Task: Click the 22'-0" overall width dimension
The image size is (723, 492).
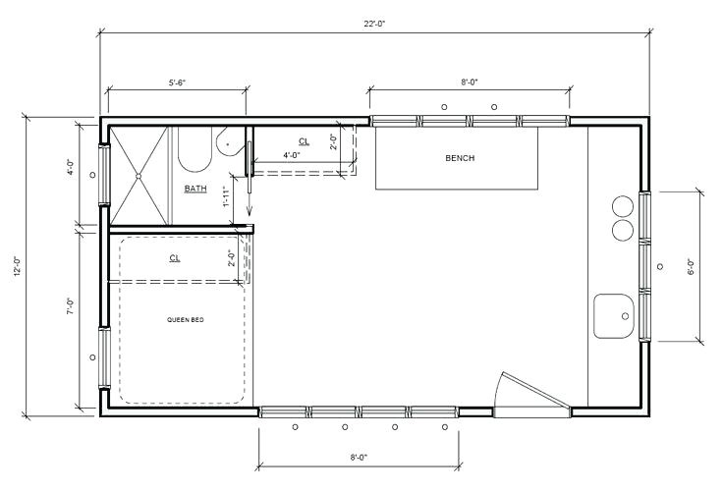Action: point(372,26)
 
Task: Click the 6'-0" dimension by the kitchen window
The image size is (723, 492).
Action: point(692,265)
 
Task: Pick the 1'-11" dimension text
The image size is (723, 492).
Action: point(226,196)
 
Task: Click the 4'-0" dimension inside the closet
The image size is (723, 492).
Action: point(292,155)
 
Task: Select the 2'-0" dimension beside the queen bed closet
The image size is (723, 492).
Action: point(233,258)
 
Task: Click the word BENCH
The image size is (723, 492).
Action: point(460,157)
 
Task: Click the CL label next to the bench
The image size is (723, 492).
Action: point(304,141)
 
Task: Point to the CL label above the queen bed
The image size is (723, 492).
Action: point(175,258)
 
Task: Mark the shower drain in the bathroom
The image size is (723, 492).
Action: point(139,176)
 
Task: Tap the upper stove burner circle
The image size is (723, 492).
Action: point(623,206)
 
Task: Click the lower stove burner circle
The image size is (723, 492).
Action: point(623,229)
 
